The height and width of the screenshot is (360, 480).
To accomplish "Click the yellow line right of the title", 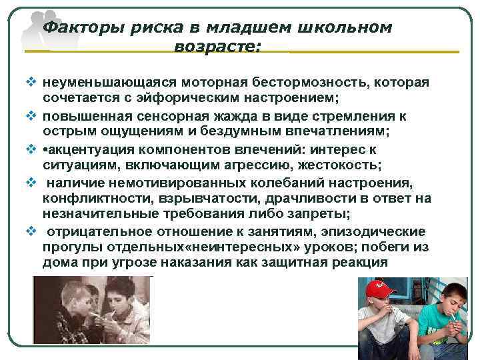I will [373, 51].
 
